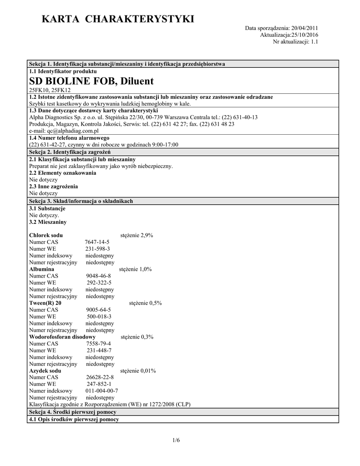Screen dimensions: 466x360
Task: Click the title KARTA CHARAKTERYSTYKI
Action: point(117,19)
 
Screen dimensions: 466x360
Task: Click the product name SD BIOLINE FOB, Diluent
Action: point(91,81)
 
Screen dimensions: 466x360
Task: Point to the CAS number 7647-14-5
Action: point(97,242)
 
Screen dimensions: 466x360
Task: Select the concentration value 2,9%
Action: point(146,235)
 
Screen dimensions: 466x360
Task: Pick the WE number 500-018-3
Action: point(99,316)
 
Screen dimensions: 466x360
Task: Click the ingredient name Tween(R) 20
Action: point(46,303)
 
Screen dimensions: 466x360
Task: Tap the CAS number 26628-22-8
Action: point(100,377)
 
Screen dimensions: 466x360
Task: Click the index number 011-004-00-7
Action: point(102,390)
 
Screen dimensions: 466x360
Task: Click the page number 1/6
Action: point(177,440)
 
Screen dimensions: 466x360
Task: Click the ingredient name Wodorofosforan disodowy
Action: point(62,337)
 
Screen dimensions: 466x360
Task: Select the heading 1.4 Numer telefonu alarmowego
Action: point(69,137)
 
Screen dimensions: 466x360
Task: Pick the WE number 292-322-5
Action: point(99,283)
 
